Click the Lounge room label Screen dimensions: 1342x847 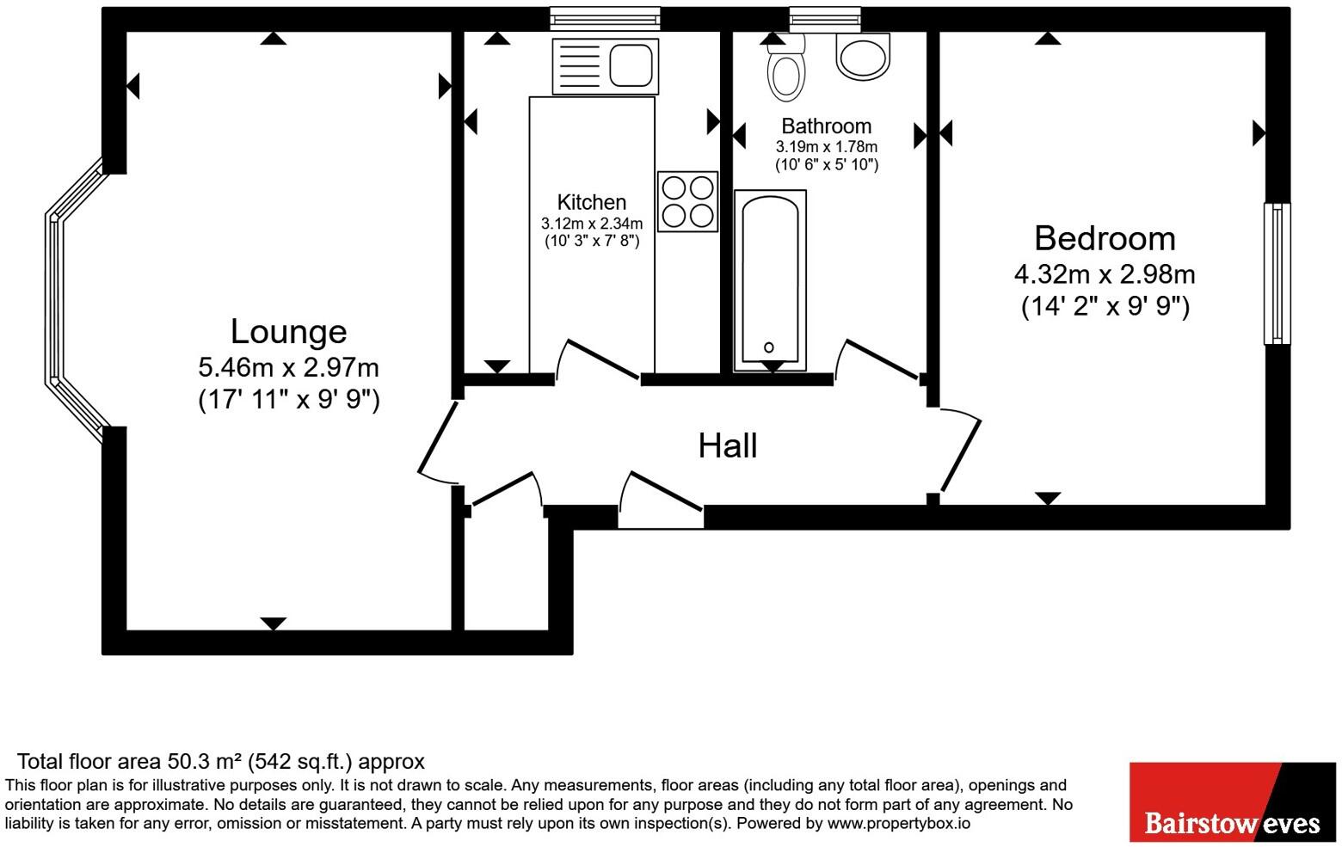click(288, 332)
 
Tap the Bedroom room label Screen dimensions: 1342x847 click(1105, 238)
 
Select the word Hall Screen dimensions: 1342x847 click(728, 445)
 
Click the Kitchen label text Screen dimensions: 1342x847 click(592, 202)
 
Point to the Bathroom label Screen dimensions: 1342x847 click(826, 126)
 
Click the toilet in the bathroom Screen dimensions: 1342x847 click(785, 69)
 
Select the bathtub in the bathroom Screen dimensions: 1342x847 click(770, 280)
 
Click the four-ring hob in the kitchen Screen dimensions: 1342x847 click(687, 201)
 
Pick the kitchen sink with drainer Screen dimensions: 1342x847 click(606, 66)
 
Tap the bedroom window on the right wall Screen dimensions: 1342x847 click(1277, 273)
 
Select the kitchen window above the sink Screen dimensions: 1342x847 click(605, 17)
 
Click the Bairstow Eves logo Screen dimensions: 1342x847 click(1232, 801)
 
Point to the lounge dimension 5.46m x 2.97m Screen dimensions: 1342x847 click(288, 368)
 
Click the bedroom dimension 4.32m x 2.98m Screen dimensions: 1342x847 click(1105, 274)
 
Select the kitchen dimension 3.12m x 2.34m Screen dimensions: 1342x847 click(592, 224)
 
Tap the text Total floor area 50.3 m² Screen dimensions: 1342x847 click(129, 761)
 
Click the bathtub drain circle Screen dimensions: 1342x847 click(769, 347)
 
